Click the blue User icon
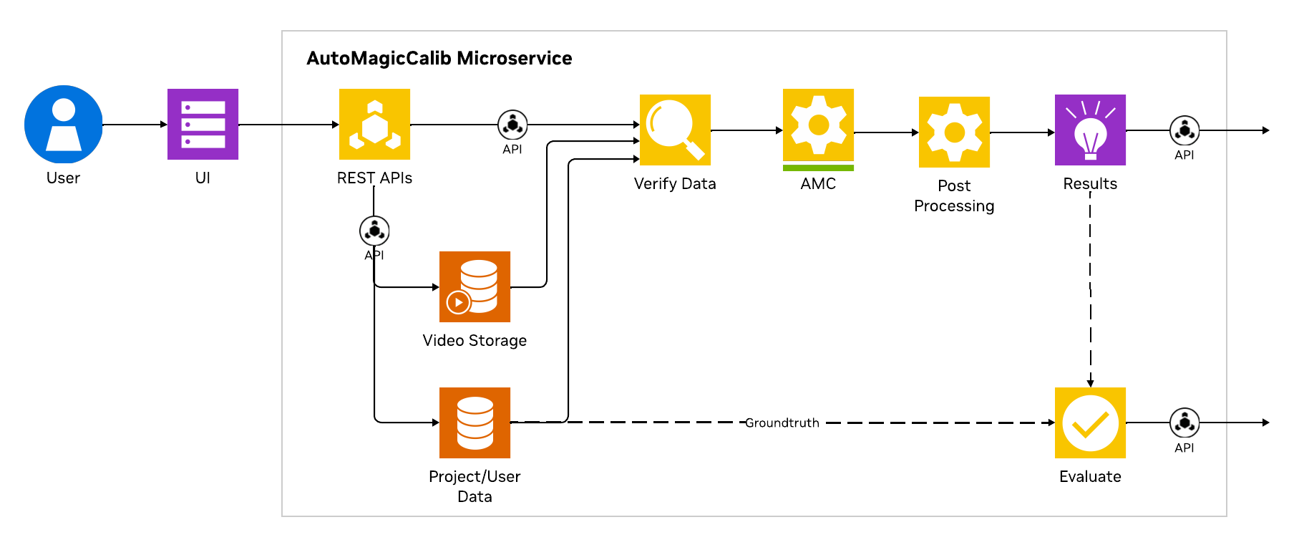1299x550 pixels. (x=64, y=125)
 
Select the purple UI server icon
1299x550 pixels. (x=203, y=124)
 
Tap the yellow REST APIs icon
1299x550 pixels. (x=374, y=124)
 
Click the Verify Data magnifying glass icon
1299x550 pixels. (x=675, y=130)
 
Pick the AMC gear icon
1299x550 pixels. (x=818, y=125)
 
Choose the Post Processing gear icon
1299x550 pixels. (x=954, y=132)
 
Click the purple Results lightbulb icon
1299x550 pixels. (x=1090, y=130)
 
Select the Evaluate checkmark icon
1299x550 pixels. (x=1090, y=423)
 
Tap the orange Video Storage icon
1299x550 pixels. (x=475, y=286)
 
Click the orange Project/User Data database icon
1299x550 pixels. (x=475, y=423)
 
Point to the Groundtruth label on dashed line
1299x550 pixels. (x=782, y=423)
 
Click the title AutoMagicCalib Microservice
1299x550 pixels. (x=439, y=58)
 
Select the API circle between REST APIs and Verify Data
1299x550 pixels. (x=512, y=125)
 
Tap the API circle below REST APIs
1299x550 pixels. (x=374, y=231)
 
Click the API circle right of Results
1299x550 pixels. (x=1184, y=130)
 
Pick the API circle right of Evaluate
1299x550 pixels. (x=1184, y=423)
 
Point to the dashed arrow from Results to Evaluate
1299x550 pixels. (x=1090, y=286)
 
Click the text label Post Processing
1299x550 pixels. (x=954, y=196)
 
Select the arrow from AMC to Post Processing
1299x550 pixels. (x=886, y=132)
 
